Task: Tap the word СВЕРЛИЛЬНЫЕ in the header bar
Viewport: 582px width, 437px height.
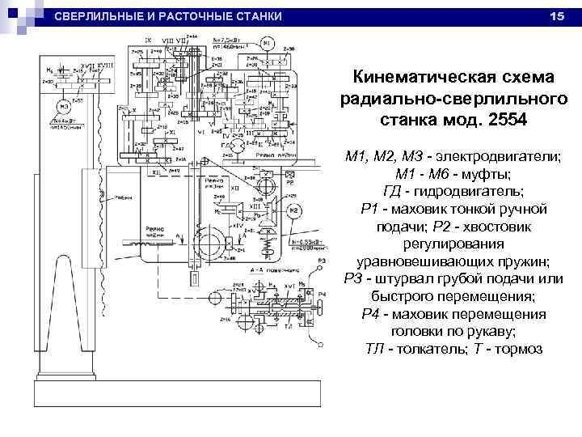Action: [103, 17]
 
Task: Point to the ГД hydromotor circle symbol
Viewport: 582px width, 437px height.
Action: [239, 146]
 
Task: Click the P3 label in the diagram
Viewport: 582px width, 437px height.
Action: [322, 260]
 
